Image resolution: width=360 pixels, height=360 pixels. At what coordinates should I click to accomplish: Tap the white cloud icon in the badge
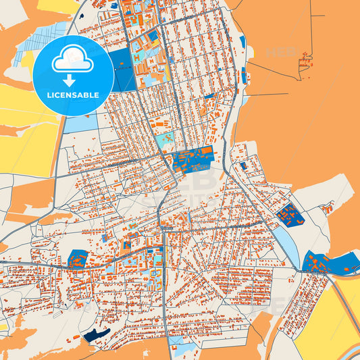[73, 59]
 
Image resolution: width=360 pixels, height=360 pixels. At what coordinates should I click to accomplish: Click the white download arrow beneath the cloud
[73, 79]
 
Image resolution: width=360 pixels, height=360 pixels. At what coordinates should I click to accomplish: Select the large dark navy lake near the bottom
[96, 334]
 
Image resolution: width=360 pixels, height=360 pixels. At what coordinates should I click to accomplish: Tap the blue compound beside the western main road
[77, 259]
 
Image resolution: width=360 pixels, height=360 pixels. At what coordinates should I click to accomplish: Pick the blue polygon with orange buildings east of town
[290, 215]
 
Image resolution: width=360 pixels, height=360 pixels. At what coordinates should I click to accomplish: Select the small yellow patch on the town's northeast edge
[249, 52]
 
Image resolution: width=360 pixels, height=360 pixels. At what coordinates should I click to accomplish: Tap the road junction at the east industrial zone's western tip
[297, 269]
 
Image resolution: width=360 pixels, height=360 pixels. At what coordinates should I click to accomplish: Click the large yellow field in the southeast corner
[324, 317]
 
